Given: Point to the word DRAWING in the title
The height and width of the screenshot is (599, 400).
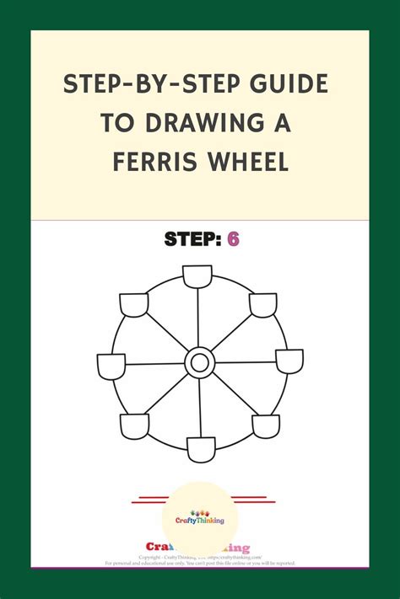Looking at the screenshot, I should (x=210, y=122).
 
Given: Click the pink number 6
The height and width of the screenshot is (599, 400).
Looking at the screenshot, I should (x=233, y=239).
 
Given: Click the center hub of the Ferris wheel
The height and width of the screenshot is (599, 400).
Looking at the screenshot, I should (x=200, y=363).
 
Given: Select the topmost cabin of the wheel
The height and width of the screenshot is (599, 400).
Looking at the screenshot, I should (x=197, y=276).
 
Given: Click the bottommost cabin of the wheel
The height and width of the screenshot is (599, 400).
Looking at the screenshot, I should (x=201, y=448).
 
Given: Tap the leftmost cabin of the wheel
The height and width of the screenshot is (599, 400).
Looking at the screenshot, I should (x=111, y=366).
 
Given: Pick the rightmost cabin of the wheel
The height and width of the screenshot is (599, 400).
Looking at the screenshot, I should (x=289, y=361).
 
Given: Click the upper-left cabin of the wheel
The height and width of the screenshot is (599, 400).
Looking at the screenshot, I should (x=134, y=303).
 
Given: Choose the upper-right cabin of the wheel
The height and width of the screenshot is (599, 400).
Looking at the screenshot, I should (x=263, y=304).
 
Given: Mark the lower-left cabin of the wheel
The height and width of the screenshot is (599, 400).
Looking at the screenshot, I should (x=134, y=425).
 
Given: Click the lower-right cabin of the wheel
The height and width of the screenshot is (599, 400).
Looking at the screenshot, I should (x=266, y=425).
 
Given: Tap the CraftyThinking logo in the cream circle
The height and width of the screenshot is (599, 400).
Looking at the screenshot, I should (x=199, y=516).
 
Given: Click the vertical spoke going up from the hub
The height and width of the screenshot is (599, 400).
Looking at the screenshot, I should (x=198, y=318).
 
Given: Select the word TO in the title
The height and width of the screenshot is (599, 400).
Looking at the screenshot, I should (x=118, y=122).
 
